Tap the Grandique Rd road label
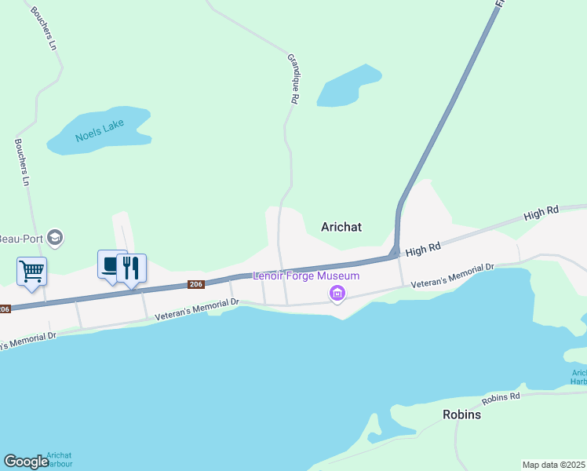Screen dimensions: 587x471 (x=293, y=78)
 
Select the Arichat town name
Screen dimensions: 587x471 (x=341, y=227)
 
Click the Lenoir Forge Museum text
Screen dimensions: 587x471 (x=305, y=276)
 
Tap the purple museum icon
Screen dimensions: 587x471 (x=338, y=294)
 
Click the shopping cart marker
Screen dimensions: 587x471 (x=31, y=272)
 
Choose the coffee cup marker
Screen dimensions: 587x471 (x=110, y=265)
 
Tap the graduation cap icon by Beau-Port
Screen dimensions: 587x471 (x=54, y=236)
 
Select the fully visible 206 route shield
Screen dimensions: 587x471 (x=196, y=284)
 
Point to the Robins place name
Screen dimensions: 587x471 (x=461, y=414)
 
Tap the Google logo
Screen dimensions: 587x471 (x=26, y=462)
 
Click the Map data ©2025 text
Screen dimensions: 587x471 (x=553, y=465)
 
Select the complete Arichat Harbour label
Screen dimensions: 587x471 (x=59, y=459)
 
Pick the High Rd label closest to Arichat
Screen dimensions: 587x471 (x=423, y=250)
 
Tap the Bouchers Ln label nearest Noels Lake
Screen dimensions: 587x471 (x=22, y=162)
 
